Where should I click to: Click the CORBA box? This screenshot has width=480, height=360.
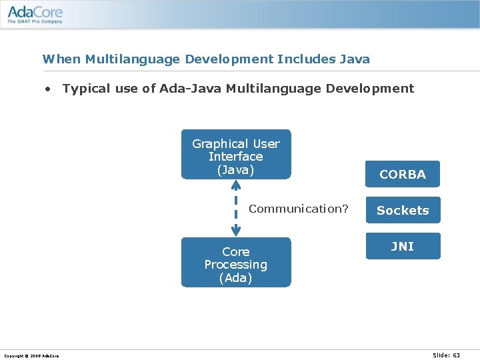tap(402, 174)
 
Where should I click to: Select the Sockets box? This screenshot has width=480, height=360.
tap(402, 210)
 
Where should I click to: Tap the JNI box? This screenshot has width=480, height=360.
tap(402, 246)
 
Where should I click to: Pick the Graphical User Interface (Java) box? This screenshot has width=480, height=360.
tap(236, 155)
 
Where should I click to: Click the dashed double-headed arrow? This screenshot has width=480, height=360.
tap(236, 208)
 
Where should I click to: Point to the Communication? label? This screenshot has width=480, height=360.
tap(298, 209)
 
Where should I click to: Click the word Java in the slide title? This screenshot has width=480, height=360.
tap(354, 59)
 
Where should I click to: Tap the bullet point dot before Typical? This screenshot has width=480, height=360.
tap(48, 89)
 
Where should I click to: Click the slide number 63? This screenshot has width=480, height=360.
tap(455, 355)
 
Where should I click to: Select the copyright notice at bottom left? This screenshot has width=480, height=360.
tap(31, 356)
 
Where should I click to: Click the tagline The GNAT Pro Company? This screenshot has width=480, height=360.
tap(35, 22)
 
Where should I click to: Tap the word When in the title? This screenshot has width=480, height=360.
tap(57, 59)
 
